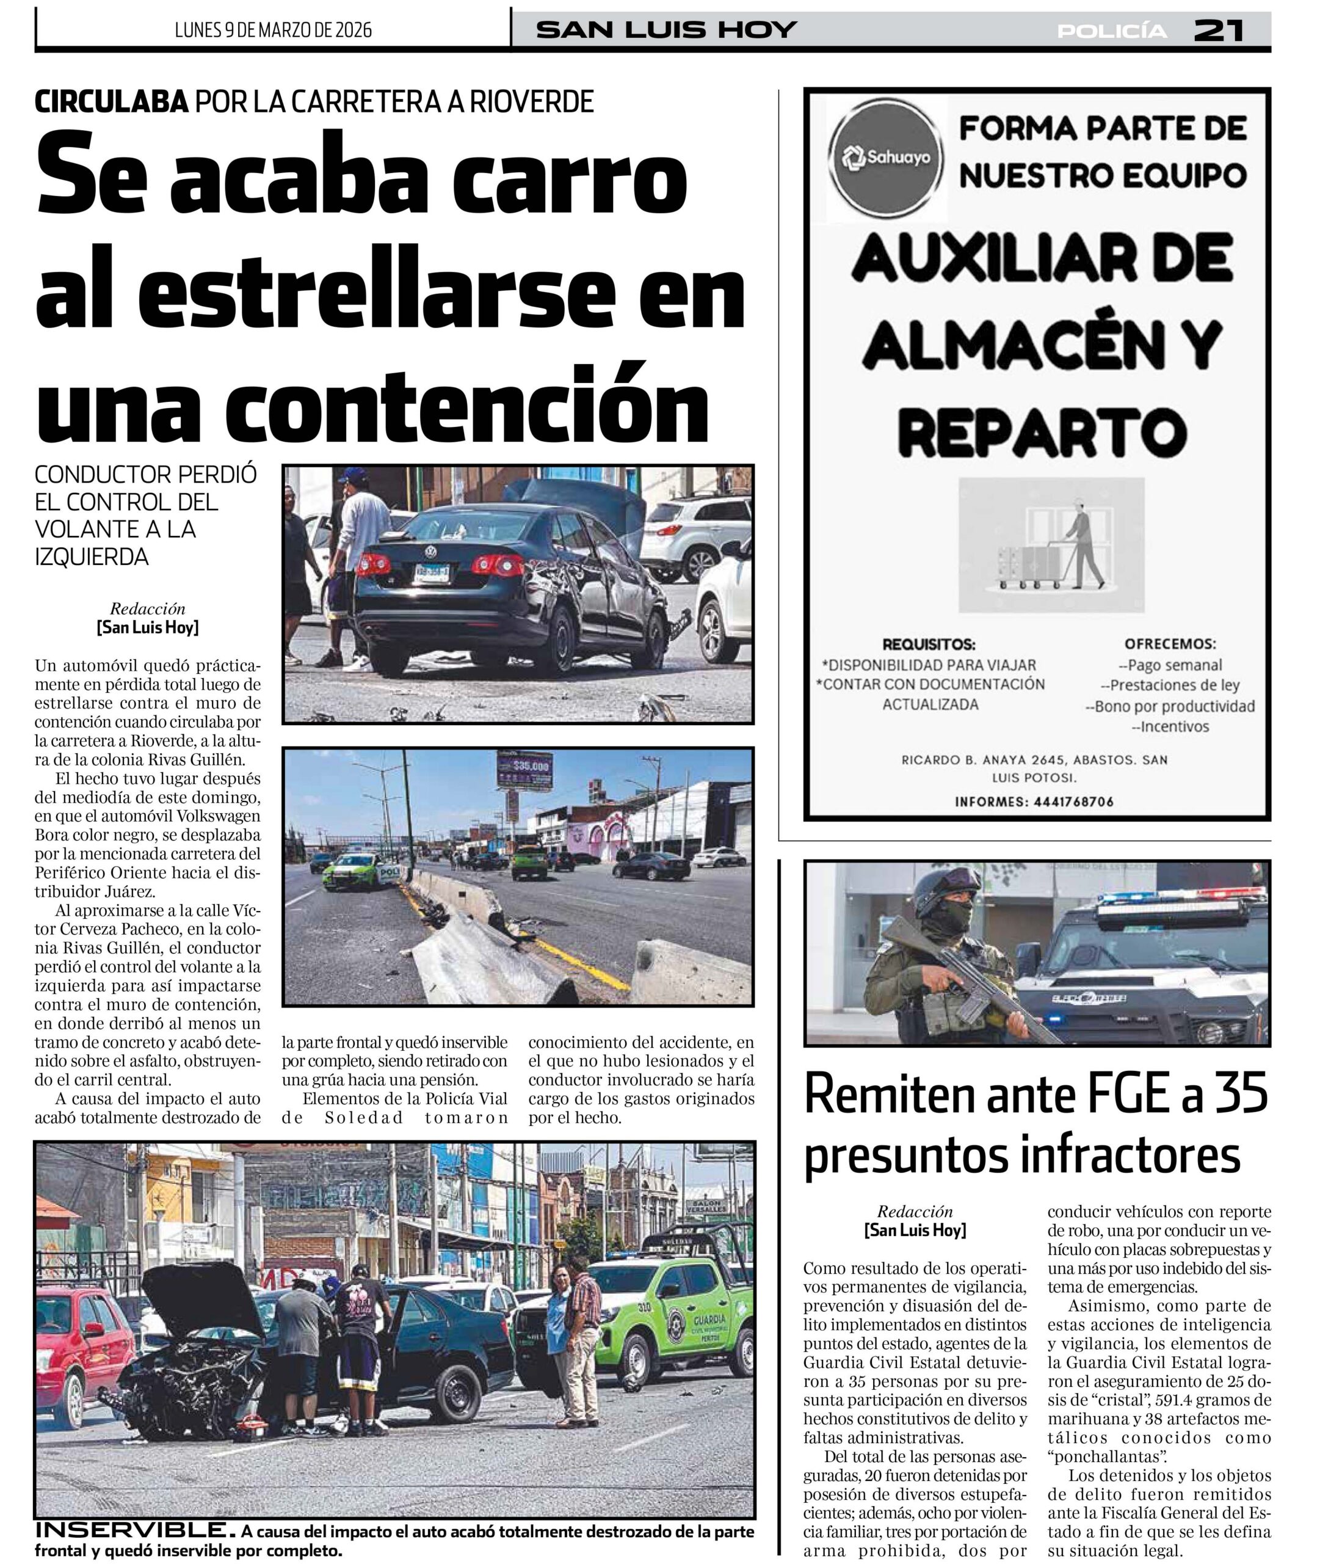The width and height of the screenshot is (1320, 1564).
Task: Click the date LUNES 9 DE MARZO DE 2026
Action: click(x=273, y=30)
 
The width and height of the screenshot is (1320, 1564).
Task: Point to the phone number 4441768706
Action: click(x=1073, y=802)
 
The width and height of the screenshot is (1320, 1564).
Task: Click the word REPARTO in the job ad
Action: click(x=1042, y=433)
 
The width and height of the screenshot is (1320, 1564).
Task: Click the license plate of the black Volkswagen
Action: click(x=432, y=572)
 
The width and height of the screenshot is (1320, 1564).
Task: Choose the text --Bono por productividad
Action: click(x=1170, y=706)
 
